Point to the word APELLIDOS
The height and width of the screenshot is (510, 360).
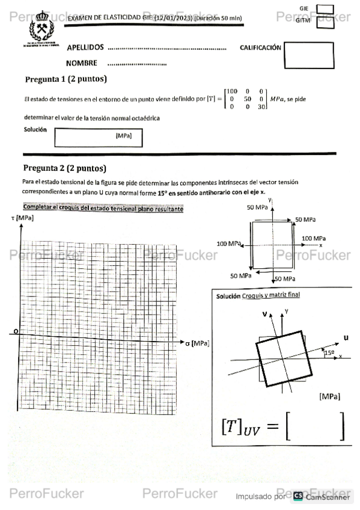click(85, 48)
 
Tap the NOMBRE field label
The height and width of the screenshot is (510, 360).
click(82, 63)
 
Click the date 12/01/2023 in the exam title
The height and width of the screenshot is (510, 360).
click(173, 18)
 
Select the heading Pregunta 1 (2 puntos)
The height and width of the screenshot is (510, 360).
click(66, 79)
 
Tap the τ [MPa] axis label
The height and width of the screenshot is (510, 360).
click(23, 217)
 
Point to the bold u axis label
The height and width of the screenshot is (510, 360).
click(346, 337)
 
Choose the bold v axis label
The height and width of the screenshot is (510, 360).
click(264, 314)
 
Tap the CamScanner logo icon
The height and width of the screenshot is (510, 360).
click(298, 496)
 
